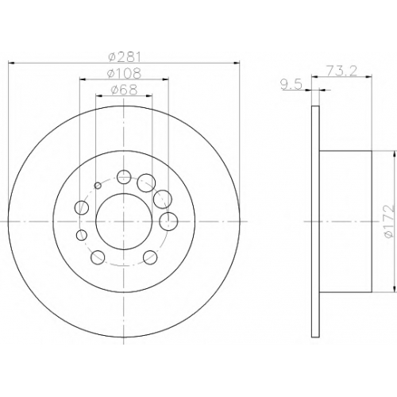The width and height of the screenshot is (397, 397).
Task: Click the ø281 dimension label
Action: [125, 56]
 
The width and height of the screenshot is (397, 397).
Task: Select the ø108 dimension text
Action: [124, 73]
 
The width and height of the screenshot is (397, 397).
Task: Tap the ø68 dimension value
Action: [124, 90]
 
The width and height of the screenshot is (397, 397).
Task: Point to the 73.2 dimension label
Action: [342, 71]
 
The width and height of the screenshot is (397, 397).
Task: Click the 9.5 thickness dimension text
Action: [291, 85]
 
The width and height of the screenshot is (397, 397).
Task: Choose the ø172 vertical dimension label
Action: [390, 222]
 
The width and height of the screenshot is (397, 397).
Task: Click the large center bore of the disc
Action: [124, 222]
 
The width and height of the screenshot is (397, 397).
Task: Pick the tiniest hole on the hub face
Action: [98, 186]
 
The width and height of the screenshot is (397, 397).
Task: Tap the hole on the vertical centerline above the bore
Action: [124, 177]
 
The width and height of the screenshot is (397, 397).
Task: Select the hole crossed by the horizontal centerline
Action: [168, 222]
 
